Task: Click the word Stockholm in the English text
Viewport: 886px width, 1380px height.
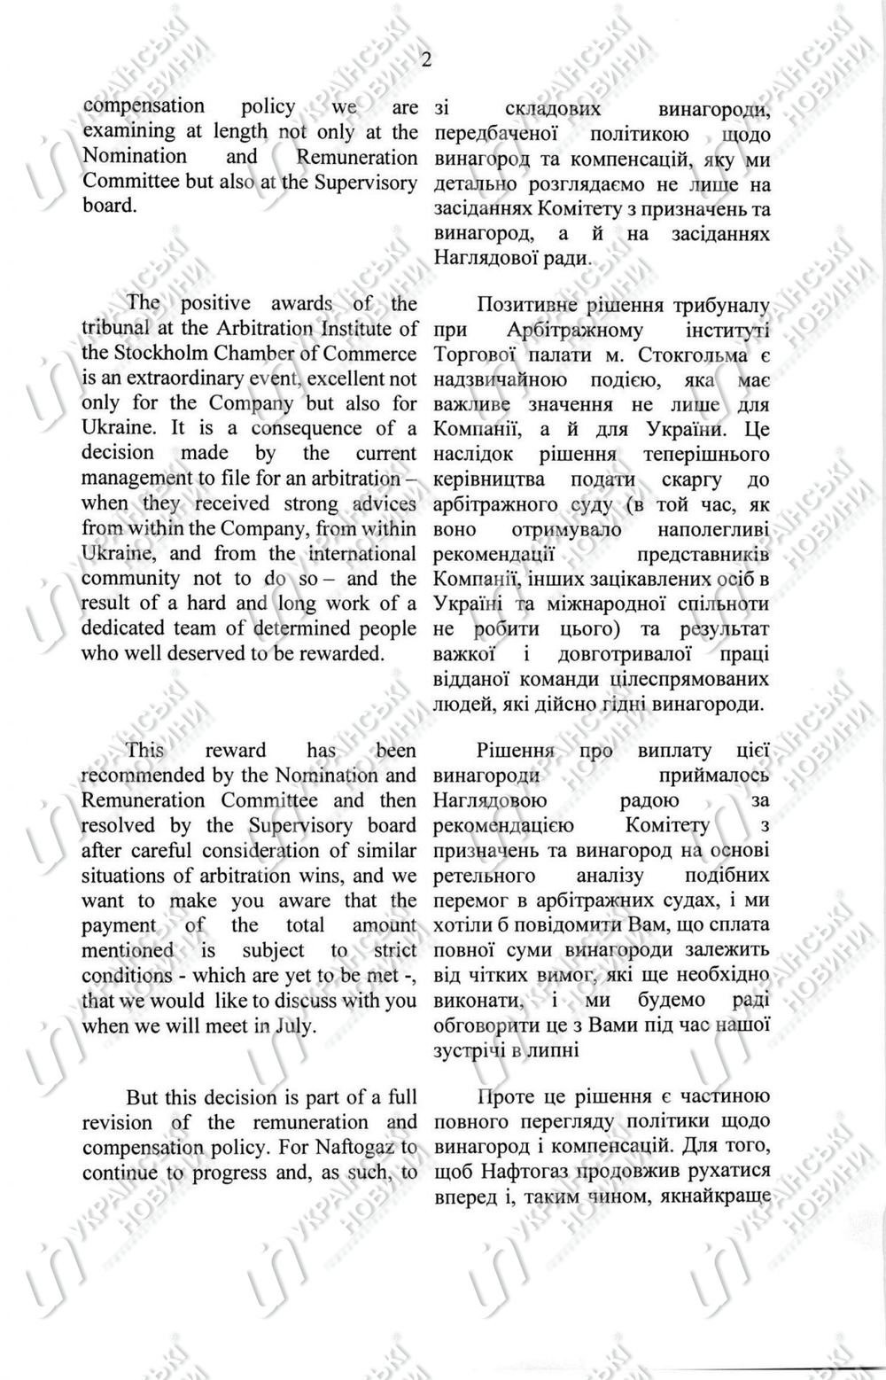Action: (x=161, y=353)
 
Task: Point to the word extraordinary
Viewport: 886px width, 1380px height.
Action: (x=186, y=378)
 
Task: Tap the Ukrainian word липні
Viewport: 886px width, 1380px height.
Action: (x=556, y=1050)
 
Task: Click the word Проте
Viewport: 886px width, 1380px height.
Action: (x=505, y=1097)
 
